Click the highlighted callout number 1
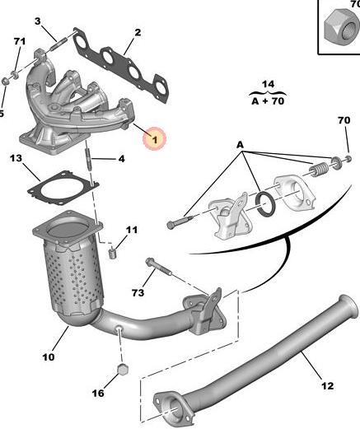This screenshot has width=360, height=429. coord(155,140)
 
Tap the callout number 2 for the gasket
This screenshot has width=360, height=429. coord(138,32)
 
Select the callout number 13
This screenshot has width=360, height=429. coord(16,158)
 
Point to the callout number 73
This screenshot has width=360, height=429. coord(138,293)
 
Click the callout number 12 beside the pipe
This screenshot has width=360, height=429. coord(327,386)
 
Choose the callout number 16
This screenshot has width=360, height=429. coord(98,393)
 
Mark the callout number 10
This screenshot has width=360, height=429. coord(49,357)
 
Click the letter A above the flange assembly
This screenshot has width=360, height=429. coord(241,145)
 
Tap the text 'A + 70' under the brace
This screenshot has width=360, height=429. coord(268,101)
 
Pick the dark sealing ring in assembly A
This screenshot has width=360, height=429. coord(265,204)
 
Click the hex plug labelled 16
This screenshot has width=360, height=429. coord(123,370)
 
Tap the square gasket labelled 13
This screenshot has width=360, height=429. coord(63,189)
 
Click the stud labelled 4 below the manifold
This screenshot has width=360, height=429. coord(88,160)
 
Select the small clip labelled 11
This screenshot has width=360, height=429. coord(112,253)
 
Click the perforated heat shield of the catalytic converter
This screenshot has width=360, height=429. coord(73,277)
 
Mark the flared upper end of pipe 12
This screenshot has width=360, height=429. coord(348,307)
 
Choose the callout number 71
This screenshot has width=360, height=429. coord(20,41)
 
